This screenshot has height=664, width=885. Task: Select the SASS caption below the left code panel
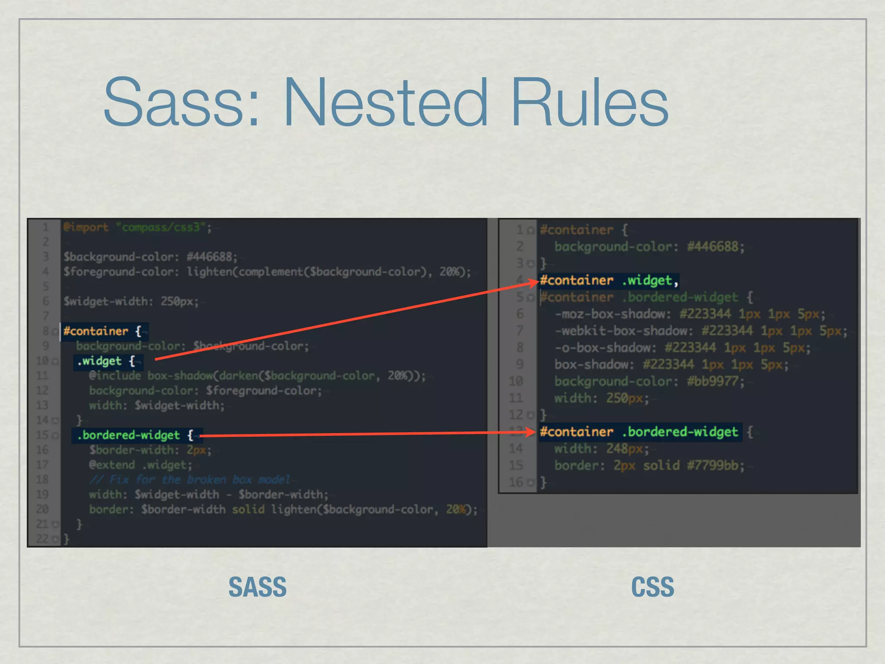tap(258, 587)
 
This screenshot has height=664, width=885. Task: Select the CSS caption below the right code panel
tap(653, 587)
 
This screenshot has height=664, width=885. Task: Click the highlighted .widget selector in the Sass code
tap(99, 361)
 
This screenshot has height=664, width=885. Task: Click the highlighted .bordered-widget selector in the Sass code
tap(128, 435)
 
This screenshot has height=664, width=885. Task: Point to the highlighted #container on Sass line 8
tap(96, 331)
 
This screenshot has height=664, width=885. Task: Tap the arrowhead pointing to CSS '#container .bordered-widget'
tap(532, 431)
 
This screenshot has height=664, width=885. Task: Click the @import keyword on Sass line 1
tap(86, 227)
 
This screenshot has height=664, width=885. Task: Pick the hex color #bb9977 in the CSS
tap(713, 381)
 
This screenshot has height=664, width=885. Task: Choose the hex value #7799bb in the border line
tap(713, 466)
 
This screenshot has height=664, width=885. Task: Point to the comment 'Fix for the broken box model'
tap(190, 480)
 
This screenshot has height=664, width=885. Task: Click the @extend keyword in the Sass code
tap(112, 465)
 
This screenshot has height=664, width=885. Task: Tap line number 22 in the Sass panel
tap(42, 539)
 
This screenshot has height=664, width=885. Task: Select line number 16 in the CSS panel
tap(516, 482)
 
